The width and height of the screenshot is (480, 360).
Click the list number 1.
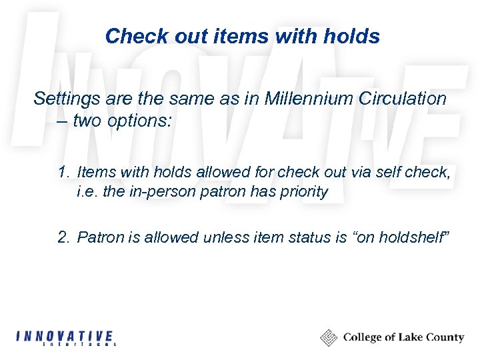click(x=63, y=172)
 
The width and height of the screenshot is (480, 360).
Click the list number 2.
click(x=63, y=237)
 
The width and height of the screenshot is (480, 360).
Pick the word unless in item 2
click(x=228, y=237)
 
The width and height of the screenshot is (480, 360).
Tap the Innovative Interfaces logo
click(x=65, y=338)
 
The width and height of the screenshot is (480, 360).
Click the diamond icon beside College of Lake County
click(x=329, y=338)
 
